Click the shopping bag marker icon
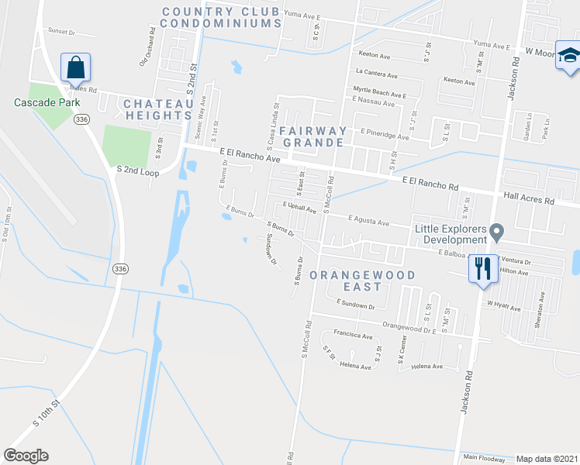[x=75, y=68]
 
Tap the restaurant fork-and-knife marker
[x=482, y=269]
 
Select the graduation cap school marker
[x=568, y=57]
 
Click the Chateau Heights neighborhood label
[x=158, y=109]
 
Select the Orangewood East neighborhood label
[x=362, y=281]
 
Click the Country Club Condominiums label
[x=222, y=17]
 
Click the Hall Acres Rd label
[x=530, y=199]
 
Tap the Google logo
[x=26, y=456]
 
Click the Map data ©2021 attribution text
[x=546, y=458]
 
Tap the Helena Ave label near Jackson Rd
[x=426, y=367]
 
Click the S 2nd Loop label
[x=137, y=170]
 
